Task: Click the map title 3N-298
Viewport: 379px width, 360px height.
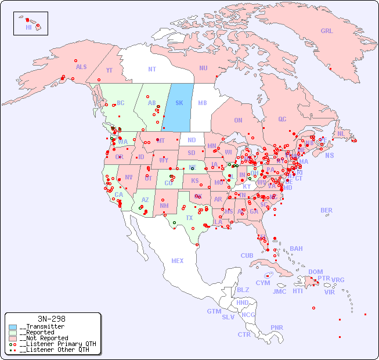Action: pyautogui.click(x=51, y=319)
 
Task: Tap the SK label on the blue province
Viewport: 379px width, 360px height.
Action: pyautogui.click(x=179, y=103)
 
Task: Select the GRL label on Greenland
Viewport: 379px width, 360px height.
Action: pyautogui.click(x=327, y=31)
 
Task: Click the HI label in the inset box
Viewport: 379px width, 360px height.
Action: pyautogui.click(x=28, y=27)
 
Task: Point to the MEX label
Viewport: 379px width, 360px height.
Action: pyautogui.click(x=178, y=261)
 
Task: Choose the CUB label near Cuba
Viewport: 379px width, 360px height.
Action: pyautogui.click(x=247, y=255)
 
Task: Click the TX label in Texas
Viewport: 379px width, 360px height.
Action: pyautogui.click(x=189, y=218)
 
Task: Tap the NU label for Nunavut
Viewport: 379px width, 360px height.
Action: pyautogui.click(x=203, y=68)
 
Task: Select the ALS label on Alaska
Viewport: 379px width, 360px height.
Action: pyautogui.click(x=81, y=67)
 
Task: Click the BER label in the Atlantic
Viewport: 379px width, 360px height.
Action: pyautogui.click(x=326, y=210)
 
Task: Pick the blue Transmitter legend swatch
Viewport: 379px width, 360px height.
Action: pyautogui.click(x=13, y=327)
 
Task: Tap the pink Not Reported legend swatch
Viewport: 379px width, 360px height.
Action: pyautogui.click(x=13, y=338)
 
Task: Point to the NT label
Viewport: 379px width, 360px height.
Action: pyautogui.click(x=151, y=69)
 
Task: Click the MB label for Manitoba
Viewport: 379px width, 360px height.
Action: pyautogui.click(x=202, y=103)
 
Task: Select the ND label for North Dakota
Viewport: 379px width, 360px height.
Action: pyautogui.click(x=192, y=140)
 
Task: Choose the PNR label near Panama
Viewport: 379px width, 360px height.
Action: pyautogui.click(x=277, y=327)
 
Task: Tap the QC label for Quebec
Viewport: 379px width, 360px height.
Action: pyautogui.click(x=282, y=120)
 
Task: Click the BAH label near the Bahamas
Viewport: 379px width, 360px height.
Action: pyautogui.click(x=296, y=249)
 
